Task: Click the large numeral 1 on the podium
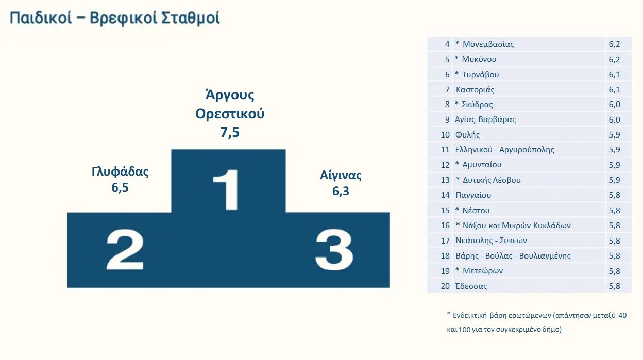(226, 190)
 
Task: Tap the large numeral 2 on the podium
(125, 249)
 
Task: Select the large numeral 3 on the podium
(334, 250)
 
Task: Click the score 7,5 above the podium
(230, 132)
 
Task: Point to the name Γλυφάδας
(120, 172)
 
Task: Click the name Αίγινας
(341, 175)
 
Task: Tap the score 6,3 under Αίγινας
(341, 191)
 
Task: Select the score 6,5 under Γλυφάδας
(120, 187)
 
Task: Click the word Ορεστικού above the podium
(230, 114)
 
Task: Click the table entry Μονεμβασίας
(488, 44)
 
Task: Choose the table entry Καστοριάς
(475, 90)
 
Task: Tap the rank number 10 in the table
(445, 134)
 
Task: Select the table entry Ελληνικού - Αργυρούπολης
(504, 150)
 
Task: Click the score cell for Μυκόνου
(614, 59)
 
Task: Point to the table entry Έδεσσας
(471, 286)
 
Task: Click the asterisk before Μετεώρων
(457, 269)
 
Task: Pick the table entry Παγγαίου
(473, 195)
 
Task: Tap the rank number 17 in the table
(445, 241)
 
